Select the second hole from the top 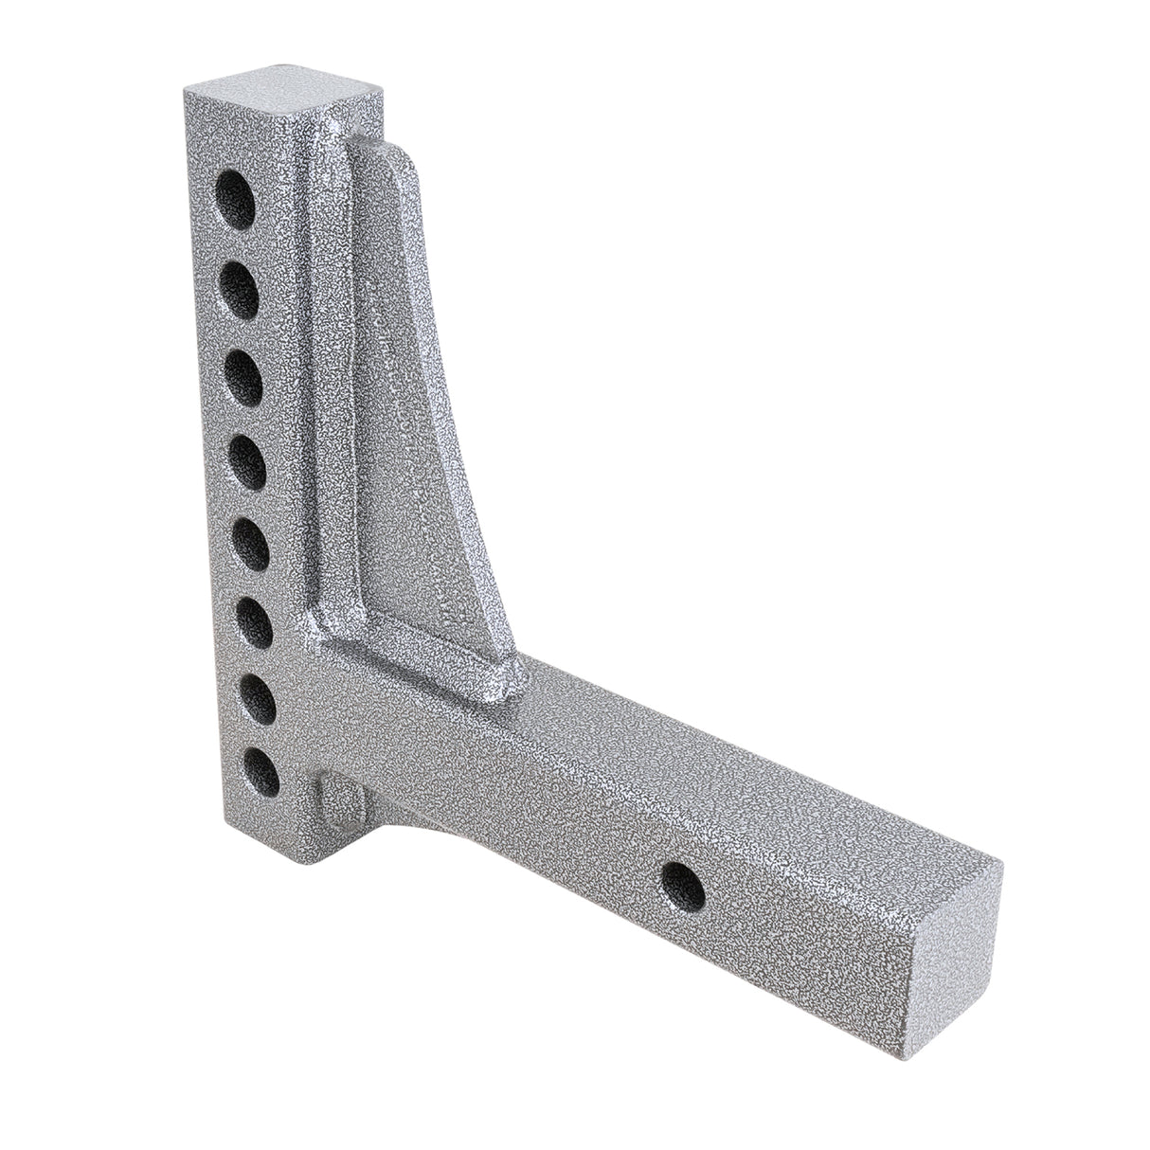[x=242, y=282]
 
